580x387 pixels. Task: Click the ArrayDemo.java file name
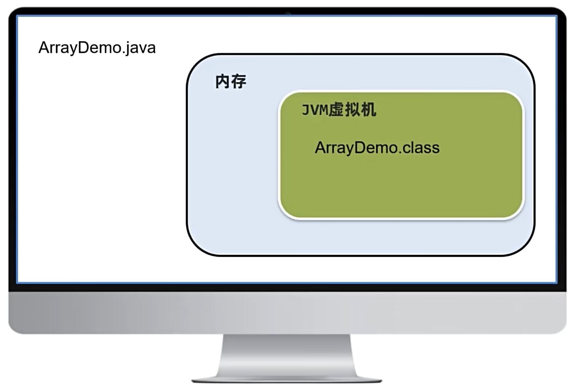click(x=97, y=48)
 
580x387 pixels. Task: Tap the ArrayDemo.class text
click(x=377, y=148)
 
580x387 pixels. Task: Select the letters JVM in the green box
click(x=315, y=110)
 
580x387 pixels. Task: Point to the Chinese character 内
click(x=223, y=82)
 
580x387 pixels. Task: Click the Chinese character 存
click(x=239, y=82)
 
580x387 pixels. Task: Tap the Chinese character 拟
click(x=353, y=110)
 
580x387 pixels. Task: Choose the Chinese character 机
click(x=368, y=110)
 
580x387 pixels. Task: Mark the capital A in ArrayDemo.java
click(x=44, y=48)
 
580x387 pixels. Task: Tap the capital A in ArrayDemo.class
click(x=320, y=148)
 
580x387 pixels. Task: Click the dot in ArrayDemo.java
click(x=123, y=53)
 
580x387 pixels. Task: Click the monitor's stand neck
click(x=287, y=354)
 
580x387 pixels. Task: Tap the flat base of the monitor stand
click(x=287, y=380)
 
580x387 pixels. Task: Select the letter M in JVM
click(x=324, y=110)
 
